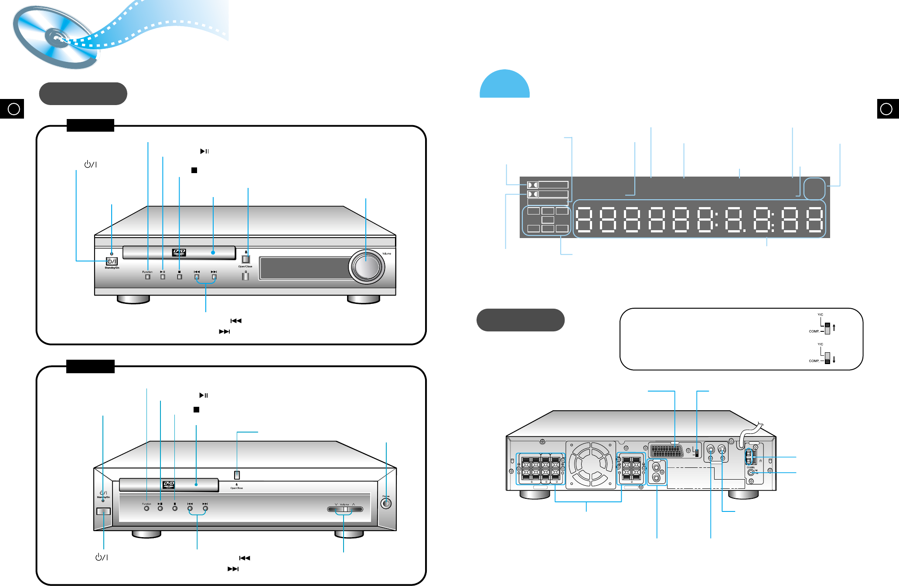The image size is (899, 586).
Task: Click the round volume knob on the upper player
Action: (x=367, y=266)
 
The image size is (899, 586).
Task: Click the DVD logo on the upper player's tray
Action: (x=179, y=252)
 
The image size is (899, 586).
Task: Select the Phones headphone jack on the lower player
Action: (x=386, y=503)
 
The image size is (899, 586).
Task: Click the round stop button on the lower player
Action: (x=175, y=508)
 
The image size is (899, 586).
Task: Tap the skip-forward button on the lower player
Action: (x=205, y=508)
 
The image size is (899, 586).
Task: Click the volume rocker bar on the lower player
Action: (x=345, y=509)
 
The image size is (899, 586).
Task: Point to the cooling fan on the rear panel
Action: (x=591, y=465)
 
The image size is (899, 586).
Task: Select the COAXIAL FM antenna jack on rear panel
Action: (x=751, y=472)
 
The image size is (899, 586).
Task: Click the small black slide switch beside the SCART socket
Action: (x=697, y=453)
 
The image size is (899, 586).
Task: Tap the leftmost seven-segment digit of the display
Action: (x=583, y=219)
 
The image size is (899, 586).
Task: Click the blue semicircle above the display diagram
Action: (x=504, y=85)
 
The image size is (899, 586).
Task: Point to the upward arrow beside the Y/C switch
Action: (x=834, y=327)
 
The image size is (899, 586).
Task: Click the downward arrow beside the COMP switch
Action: (x=834, y=360)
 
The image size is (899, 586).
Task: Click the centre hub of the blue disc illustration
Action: (x=57, y=37)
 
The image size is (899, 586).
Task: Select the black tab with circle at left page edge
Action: (x=12, y=109)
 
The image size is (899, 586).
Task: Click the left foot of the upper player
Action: (x=133, y=300)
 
